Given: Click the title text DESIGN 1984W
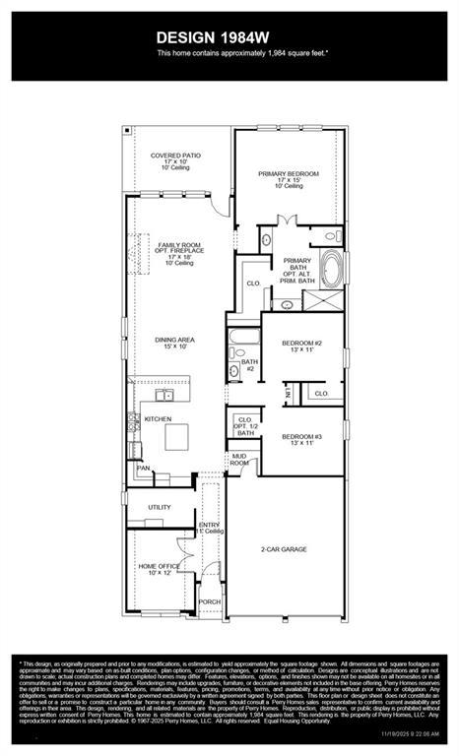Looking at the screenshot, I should coord(229,36).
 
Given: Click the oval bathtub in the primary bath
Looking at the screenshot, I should coord(331,269).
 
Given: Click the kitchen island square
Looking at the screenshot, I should coord(178,434).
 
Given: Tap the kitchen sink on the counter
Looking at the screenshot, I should coord(163,396).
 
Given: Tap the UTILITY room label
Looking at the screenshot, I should coord(160,507).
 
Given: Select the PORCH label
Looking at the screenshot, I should coord(209,600).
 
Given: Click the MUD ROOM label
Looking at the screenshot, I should coord(239,459).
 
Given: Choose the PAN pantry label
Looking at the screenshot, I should coord(143,469).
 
